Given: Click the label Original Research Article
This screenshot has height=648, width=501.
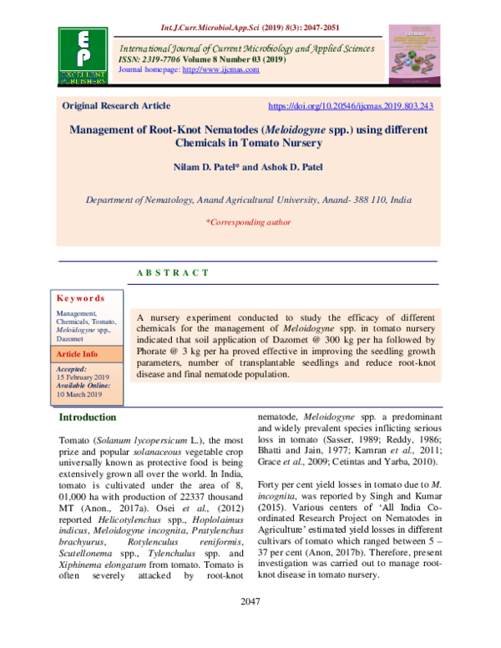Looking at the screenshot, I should pyautogui.click(x=117, y=106).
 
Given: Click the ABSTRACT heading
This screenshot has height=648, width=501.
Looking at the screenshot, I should pyautogui.click(x=171, y=273).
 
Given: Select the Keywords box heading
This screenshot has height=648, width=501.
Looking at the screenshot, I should pyautogui.click(x=80, y=298).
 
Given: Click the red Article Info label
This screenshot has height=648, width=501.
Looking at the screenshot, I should pyautogui.click(x=78, y=354).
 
